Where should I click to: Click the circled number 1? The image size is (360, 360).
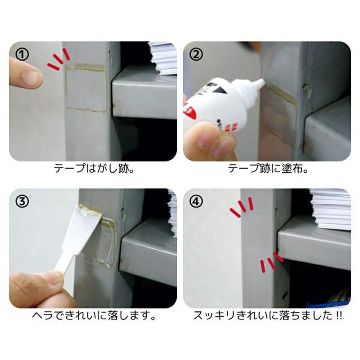coord(22,54)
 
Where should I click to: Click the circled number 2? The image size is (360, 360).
coord(196,54)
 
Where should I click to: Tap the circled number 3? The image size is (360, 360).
coord(22,201)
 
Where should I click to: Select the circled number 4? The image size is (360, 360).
coord(196,201)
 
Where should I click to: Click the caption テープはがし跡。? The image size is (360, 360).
coord(94,169)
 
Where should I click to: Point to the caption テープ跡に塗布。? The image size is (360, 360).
coord(268,169)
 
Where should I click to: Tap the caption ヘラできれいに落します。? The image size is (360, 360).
coord(94,316)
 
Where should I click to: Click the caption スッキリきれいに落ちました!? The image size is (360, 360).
coord(268,316)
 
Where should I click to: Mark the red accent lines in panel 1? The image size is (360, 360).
coord(58,59)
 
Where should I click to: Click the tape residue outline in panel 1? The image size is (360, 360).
coord(86,88)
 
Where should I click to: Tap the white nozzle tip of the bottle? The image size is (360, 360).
coord(261,82)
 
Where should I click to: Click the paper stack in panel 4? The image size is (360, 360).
coord(331,208)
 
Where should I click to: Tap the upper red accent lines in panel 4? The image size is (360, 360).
coord(241,208)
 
